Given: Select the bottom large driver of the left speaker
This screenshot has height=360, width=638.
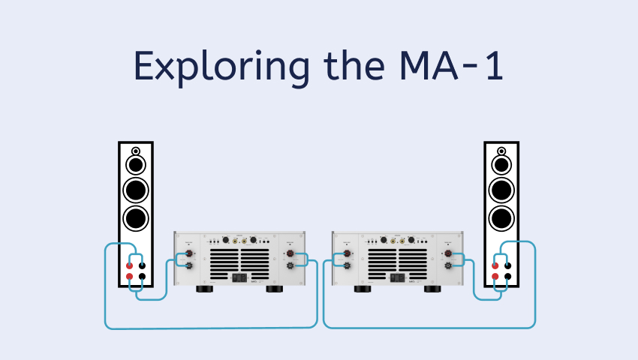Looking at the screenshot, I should (135, 218).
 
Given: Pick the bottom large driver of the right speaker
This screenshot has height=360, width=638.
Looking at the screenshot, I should (501, 218).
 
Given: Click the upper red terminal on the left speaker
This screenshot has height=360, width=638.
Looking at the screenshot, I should (130, 265).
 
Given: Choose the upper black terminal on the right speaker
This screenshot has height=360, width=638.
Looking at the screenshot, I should (507, 265).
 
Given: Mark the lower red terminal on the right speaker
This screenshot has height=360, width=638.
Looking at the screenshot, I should (495, 277).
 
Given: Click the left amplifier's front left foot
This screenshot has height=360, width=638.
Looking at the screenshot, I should (204, 289).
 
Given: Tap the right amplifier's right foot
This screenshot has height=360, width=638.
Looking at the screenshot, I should (434, 289).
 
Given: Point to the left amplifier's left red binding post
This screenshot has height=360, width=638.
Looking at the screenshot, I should (189, 254).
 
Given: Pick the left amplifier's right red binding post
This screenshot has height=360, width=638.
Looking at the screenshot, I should (290, 254).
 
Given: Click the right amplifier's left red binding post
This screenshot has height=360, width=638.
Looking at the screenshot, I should (347, 254).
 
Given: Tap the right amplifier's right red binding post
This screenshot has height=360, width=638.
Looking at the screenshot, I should (448, 254).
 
